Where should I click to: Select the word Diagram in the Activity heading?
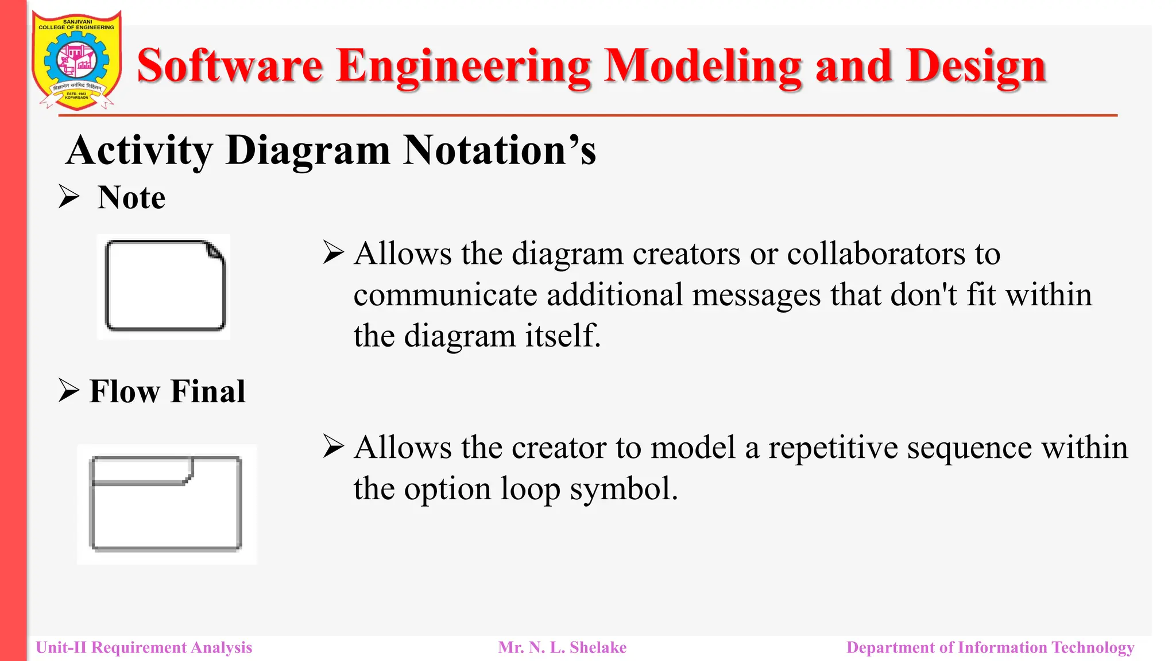pos(308,150)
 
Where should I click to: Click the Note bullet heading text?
pos(131,198)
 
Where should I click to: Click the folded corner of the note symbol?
pos(215,251)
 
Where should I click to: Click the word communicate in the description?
pos(445,295)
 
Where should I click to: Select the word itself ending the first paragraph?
pos(562,336)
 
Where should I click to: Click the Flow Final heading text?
pos(167,392)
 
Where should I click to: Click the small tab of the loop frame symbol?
pos(142,471)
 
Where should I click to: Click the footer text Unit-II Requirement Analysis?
pos(144,648)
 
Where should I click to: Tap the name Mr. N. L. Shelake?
pos(562,648)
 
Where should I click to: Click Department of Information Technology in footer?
pos(990,648)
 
